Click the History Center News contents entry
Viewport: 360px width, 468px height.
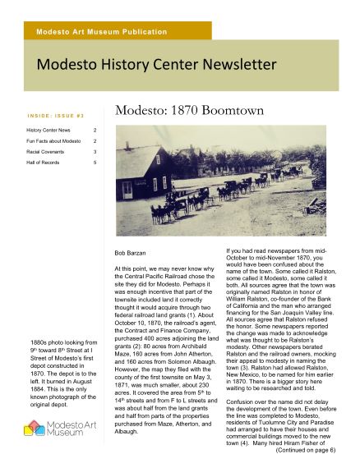point(48,130)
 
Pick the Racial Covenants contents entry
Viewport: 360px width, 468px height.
point(45,152)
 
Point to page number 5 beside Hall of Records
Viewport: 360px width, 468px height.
point(95,163)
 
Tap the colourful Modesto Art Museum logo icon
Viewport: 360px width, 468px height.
point(34,426)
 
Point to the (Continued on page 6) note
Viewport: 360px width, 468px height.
point(304,450)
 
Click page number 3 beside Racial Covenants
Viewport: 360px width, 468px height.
point(95,152)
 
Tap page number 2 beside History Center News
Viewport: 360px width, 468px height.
point(95,130)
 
